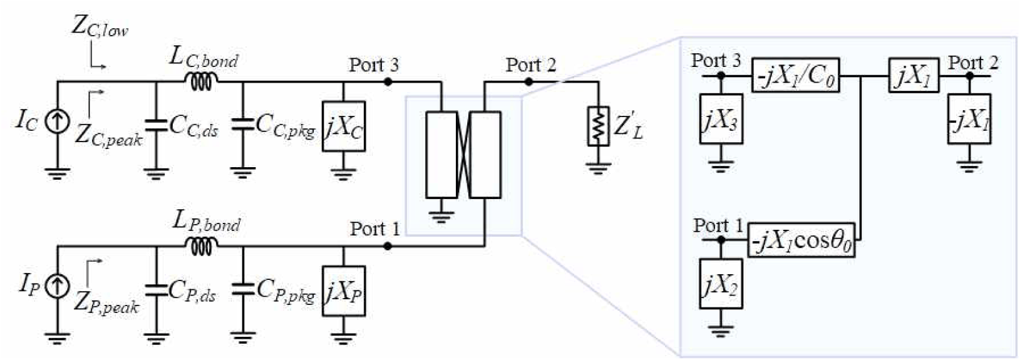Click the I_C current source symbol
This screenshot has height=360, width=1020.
pos(58,121)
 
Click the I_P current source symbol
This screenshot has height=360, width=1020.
pos(58,286)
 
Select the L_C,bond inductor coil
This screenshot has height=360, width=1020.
pos(201,81)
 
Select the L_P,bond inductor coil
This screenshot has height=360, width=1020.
pos(201,246)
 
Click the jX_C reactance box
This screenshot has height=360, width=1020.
pos(343,126)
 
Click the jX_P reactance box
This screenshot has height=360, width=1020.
pos(343,291)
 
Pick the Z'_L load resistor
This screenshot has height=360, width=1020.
pos(598,126)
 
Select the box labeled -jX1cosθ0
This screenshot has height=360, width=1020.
pos(801,240)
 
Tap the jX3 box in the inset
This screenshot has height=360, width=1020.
pos(721,119)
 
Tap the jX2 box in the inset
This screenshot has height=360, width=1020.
pos(721,284)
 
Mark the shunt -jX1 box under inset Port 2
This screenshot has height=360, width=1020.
pos(969,119)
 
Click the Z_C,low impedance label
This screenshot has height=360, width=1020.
pos(100,28)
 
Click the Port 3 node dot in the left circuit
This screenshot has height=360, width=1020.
pos(388,82)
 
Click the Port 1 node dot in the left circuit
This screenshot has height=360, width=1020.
pos(388,246)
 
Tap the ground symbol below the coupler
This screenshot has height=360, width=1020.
pos(440,215)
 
